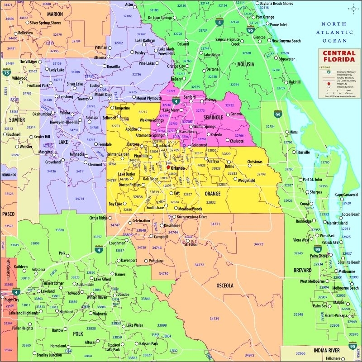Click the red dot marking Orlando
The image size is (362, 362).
click(x=168, y=167)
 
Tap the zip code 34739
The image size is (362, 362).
click(x=214, y=319)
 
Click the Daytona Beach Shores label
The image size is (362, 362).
click(x=276, y=4)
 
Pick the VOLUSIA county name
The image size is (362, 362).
click(x=245, y=64)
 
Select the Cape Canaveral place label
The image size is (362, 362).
click(x=347, y=195)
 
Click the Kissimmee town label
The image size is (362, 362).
click(x=172, y=225)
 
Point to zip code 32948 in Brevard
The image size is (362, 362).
click(x=298, y=314)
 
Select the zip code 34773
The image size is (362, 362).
click(x=258, y=244)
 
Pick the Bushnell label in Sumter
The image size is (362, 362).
click(x=14, y=134)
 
